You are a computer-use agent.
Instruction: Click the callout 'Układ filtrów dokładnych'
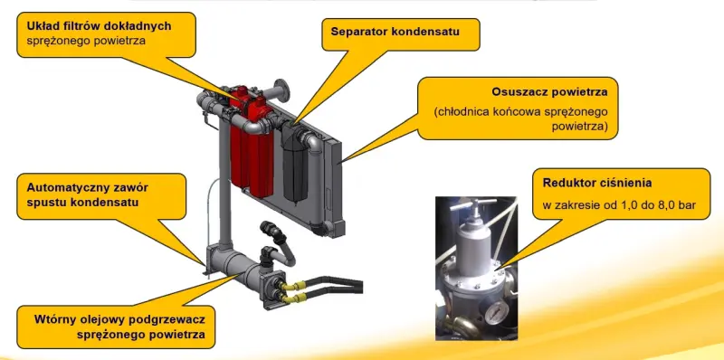tap(106, 34)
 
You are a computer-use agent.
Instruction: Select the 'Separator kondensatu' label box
tap(401, 34)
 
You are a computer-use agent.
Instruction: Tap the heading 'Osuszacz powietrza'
tap(549, 92)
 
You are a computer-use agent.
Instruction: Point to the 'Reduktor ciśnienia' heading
tap(597, 183)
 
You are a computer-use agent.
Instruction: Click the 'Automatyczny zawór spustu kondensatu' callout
tap(101, 196)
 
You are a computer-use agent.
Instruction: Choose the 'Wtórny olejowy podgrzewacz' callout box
tap(116, 327)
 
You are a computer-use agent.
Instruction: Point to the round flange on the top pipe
tap(281, 90)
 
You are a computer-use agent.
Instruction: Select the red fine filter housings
tap(252, 143)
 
